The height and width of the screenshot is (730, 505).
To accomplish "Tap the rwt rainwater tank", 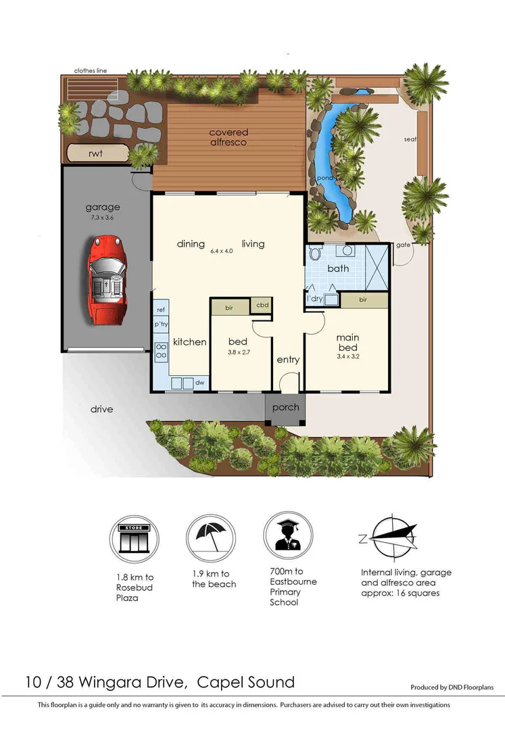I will click(x=95, y=153).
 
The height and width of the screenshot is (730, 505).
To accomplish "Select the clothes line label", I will click(x=91, y=70).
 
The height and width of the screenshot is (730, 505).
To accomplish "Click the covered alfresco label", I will click(x=228, y=137).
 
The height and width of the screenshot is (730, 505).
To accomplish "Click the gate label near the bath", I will click(x=404, y=245).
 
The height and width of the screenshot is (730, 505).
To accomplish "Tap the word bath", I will click(x=338, y=268).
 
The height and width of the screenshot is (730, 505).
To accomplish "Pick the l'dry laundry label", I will click(x=314, y=299).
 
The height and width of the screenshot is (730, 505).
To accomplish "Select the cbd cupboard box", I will click(x=262, y=305).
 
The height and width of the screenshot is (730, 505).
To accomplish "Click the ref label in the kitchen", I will click(x=161, y=310).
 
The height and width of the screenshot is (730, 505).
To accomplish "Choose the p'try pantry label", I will click(x=161, y=325).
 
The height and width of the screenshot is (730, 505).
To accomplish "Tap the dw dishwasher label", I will click(x=199, y=383).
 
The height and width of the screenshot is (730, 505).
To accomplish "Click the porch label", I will click(x=285, y=408).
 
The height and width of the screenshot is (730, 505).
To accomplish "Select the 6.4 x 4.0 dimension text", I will click(x=222, y=251).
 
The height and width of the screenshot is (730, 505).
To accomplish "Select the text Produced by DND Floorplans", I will click(x=452, y=687).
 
